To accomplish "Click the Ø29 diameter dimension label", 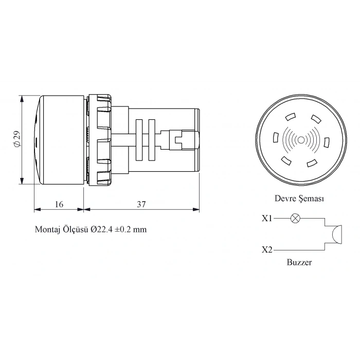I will pyautogui.click(x=17, y=139).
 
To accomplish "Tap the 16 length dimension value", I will pyautogui.click(x=59, y=204).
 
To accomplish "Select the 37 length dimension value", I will pyautogui.click(x=141, y=204).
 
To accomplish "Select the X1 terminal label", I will pyautogui.click(x=266, y=218).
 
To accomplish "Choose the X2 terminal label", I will pyautogui.click(x=266, y=250).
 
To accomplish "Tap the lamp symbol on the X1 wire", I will pyautogui.click(x=295, y=218).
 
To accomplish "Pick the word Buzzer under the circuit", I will pyautogui.click(x=299, y=262).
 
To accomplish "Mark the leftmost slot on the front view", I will pyautogui.click(x=276, y=138).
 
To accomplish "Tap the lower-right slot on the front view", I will pyautogui.click(x=311, y=163).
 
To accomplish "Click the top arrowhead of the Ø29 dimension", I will pyautogui.click(x=22, y=98).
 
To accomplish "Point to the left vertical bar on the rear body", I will pyautogui.click(x=137, y=139).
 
